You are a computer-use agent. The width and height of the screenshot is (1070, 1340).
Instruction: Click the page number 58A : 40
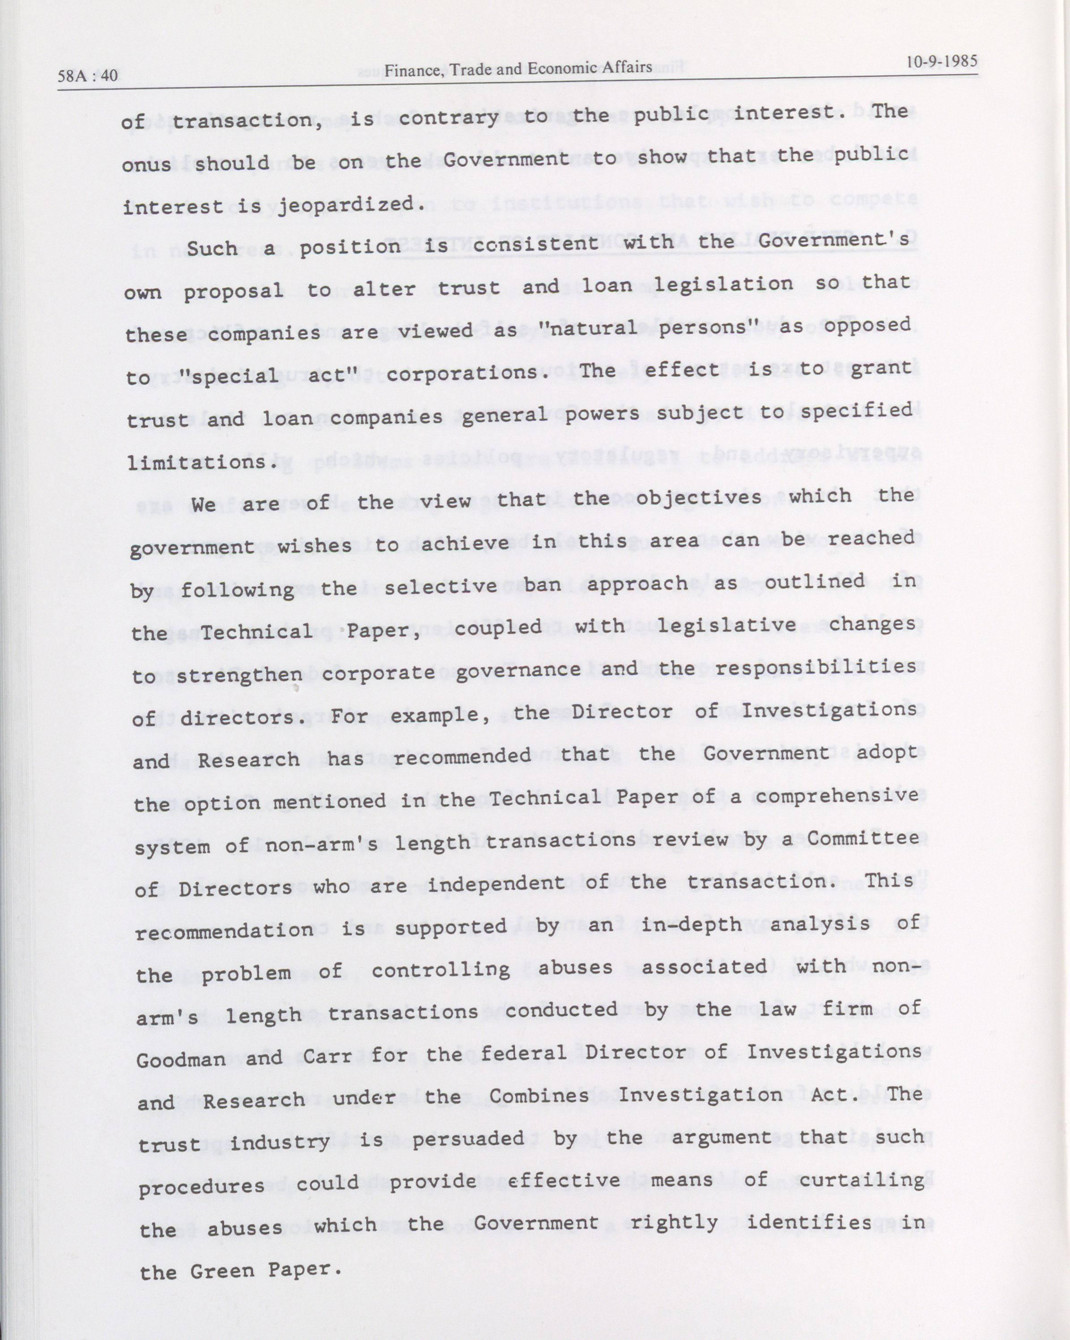click(87, 76)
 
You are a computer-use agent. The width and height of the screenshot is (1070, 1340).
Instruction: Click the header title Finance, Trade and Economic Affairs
click(518, 69)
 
